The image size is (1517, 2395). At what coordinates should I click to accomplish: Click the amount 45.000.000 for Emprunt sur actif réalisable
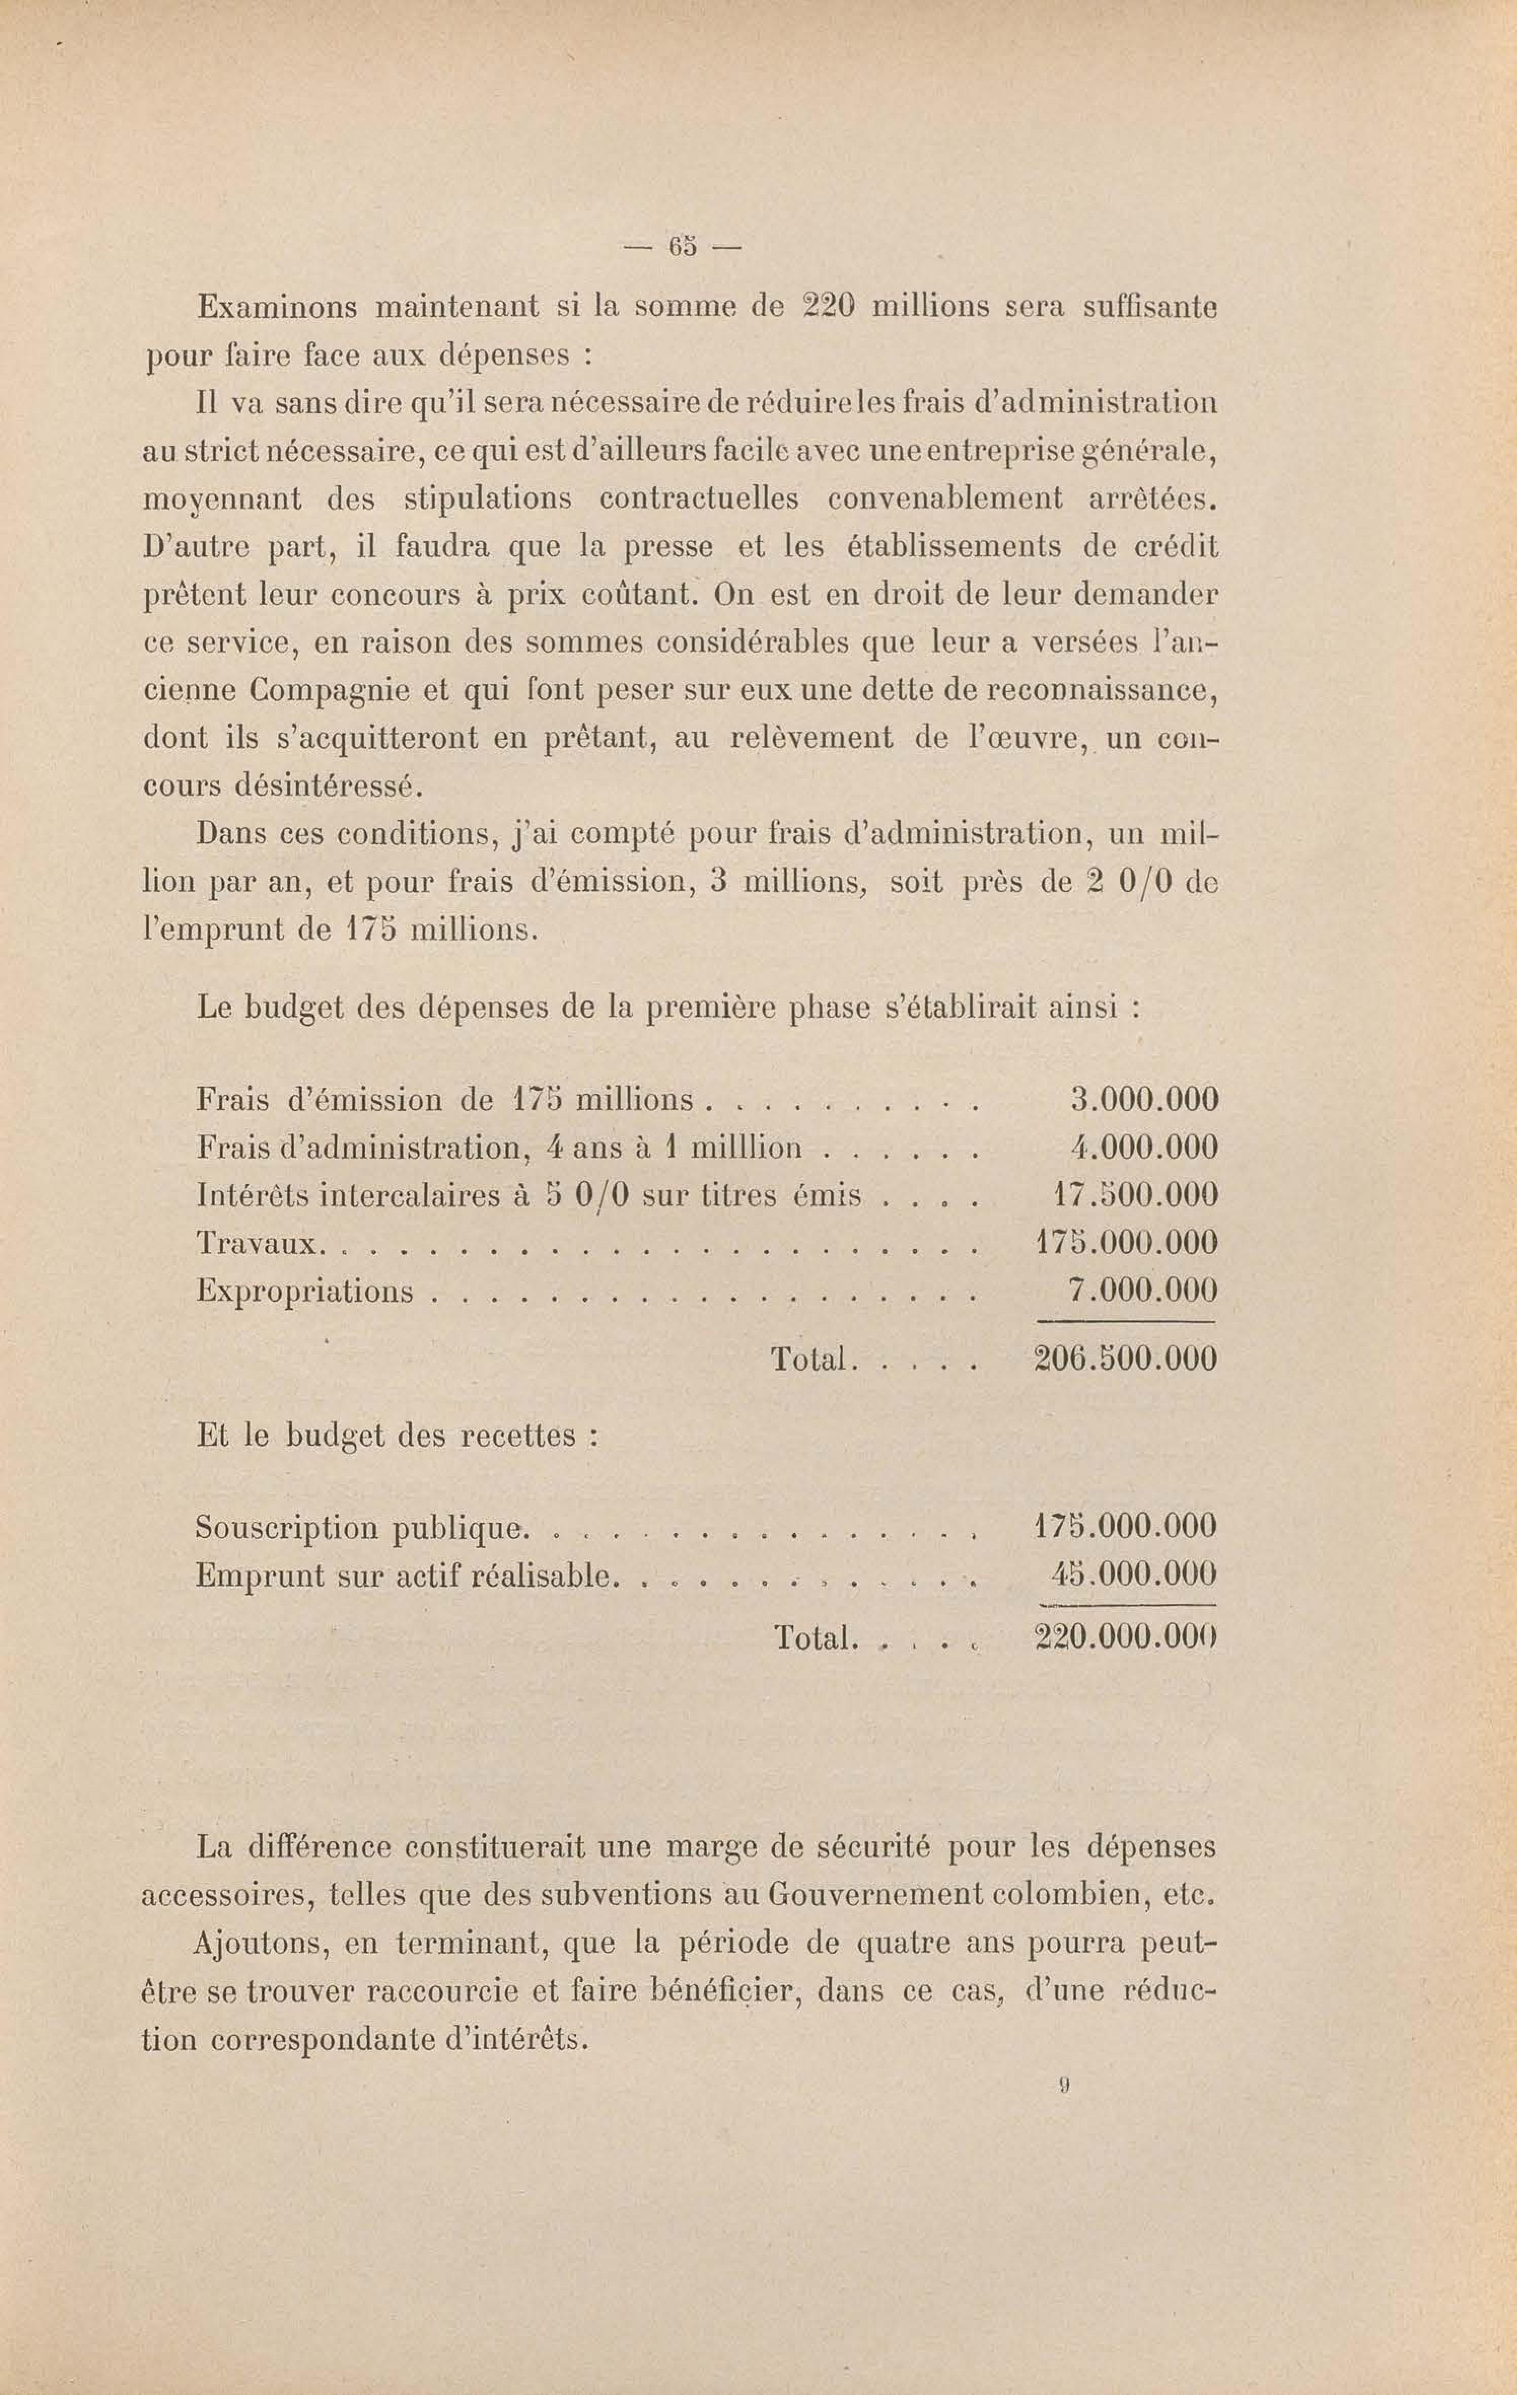point(1133,1574)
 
